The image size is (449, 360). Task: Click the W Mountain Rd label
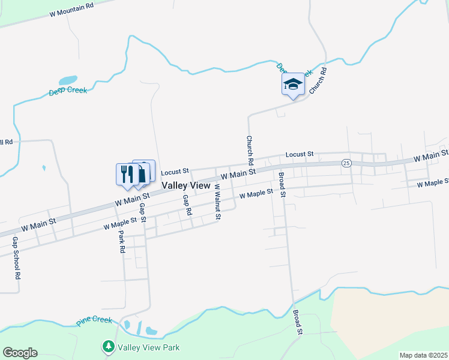pyautogui.click(x=72, y=9)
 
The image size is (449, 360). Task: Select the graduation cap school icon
pyautogui.click(x=293, y=85)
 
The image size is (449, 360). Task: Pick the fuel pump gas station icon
pyautogui.click(x=142, y=173)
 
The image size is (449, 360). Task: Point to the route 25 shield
pyautogui.click(x=346, y=163)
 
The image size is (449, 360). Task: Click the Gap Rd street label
pyautogui.click(x=187, y=205)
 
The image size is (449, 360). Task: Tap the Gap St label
pyautogui.click(x=143, y=214)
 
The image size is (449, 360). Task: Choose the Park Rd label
pyautogui.click(x=121, y=240)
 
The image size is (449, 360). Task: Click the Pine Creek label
pyautogui.click(x=95, y=321)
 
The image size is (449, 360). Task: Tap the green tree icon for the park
pyautogui.click(x=108, y=346)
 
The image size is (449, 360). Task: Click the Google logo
pyautogui.click(x=20, y=353)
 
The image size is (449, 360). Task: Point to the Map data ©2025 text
pyautogui.click(x=423, y=355)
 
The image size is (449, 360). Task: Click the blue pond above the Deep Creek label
pyautogui.click(x=68, y=80)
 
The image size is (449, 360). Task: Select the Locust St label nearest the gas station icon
pyautogui.click(x=175, y=172)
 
